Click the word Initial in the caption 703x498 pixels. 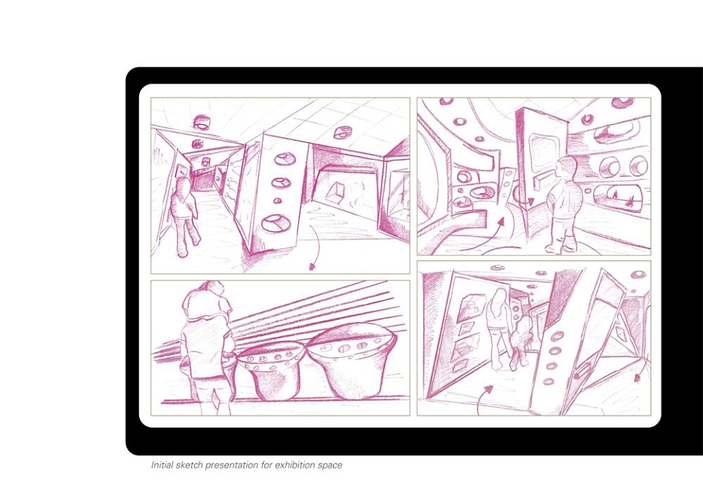click(x=161, y=465)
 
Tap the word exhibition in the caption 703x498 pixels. click(x=294, y=465)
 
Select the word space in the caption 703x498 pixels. click(x=330, y=466)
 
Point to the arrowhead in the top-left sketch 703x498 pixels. click(x=313, y=267)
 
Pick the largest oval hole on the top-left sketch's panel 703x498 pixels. click(x=275, y=223)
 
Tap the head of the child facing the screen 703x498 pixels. click(x=567, y=168)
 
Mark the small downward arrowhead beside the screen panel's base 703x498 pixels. click(x=531, y=202)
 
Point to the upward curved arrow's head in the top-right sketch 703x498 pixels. click(x=502, y=221)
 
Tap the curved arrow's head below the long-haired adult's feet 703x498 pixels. click(x=488, y=389)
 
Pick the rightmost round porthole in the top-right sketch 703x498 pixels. click(x=638, y=166)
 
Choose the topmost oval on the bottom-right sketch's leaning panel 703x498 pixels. click(x=558, y=336)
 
